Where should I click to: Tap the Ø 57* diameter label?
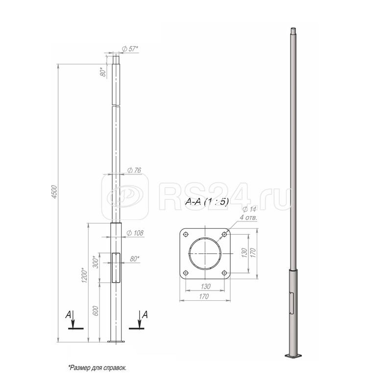pos(130,49)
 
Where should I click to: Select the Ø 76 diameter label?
pos(134,170)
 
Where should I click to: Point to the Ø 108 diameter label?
pos(135,233)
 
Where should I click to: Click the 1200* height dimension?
pos(84,275)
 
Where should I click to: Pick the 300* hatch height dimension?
pos(96,262)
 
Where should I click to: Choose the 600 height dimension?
pos(96,311)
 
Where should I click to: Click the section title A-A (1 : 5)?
pos(207,202)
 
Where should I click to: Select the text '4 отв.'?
pos(248,218)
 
